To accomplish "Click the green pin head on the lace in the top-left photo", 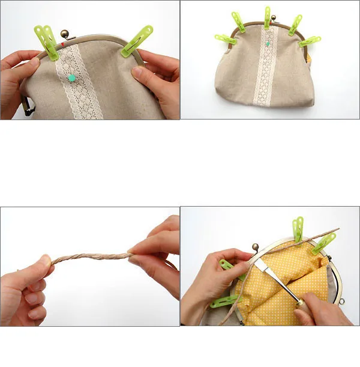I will pos(72,77).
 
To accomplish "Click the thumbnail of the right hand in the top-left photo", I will pos(137,73).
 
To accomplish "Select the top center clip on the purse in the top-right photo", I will pos(267,18).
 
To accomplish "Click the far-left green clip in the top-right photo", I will pos(225,40).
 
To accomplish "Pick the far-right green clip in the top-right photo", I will pos(310,41).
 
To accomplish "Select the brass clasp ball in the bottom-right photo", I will pos(255,247).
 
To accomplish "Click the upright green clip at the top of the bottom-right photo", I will pos(298,229).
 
